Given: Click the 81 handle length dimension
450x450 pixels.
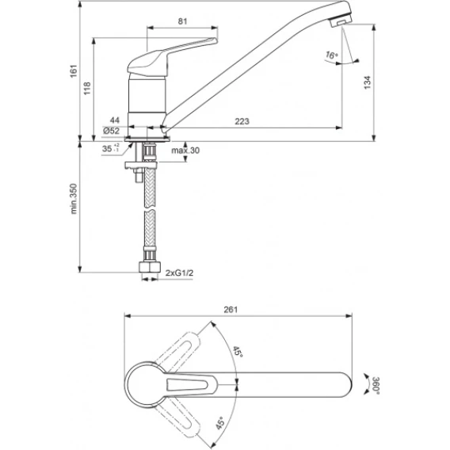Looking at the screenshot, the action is (x=182, y=21).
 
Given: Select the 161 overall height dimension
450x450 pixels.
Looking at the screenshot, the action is (x=74, y=71).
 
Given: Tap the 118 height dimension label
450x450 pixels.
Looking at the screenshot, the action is (x=87, y=88).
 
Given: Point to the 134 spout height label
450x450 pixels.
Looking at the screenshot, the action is (x=368, y=82).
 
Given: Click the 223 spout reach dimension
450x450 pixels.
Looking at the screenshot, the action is (x=242, y=121).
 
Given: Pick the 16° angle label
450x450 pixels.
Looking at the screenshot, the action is (x=332, y=55).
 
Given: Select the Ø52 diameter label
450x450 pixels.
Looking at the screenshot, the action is (x=111, y=131).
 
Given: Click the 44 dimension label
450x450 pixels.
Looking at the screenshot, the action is (x=115, y=120).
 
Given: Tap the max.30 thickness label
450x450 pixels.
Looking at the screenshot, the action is (x=185, y=151).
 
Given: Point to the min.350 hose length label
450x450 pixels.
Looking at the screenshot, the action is (x=74, y=199).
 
